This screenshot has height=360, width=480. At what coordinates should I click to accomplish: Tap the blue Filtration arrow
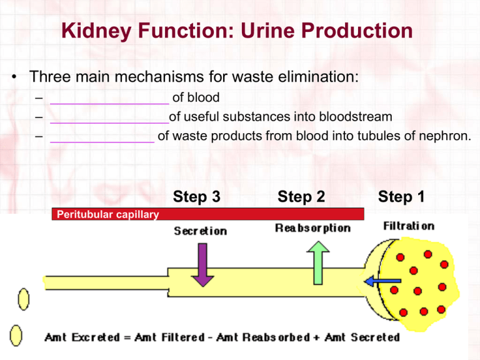(379, 281)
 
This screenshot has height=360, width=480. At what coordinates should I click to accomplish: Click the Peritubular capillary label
(107, 214)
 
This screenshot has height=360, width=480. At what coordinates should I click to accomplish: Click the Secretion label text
(200, 231)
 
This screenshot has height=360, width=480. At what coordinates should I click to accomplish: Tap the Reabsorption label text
(312, 227)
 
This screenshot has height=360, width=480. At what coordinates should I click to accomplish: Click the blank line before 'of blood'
(109, 99)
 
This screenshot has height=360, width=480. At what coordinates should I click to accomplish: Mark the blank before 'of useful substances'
(109, 117)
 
